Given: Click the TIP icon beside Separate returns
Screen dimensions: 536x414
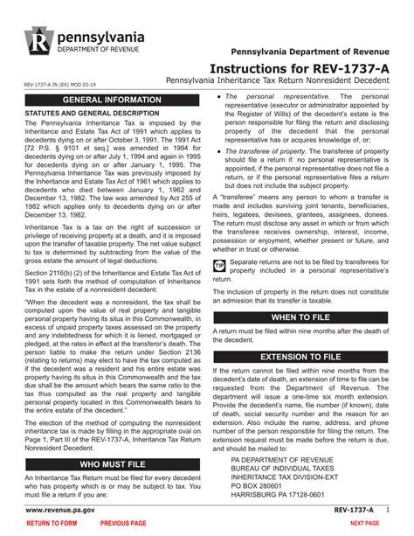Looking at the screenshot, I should tap(219, 263).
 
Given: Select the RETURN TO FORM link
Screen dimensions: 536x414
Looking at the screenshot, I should tap(52, 522).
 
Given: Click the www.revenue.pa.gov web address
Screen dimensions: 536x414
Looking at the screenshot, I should tap(60, 507).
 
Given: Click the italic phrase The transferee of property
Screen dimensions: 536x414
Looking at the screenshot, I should tap(266, 150).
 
